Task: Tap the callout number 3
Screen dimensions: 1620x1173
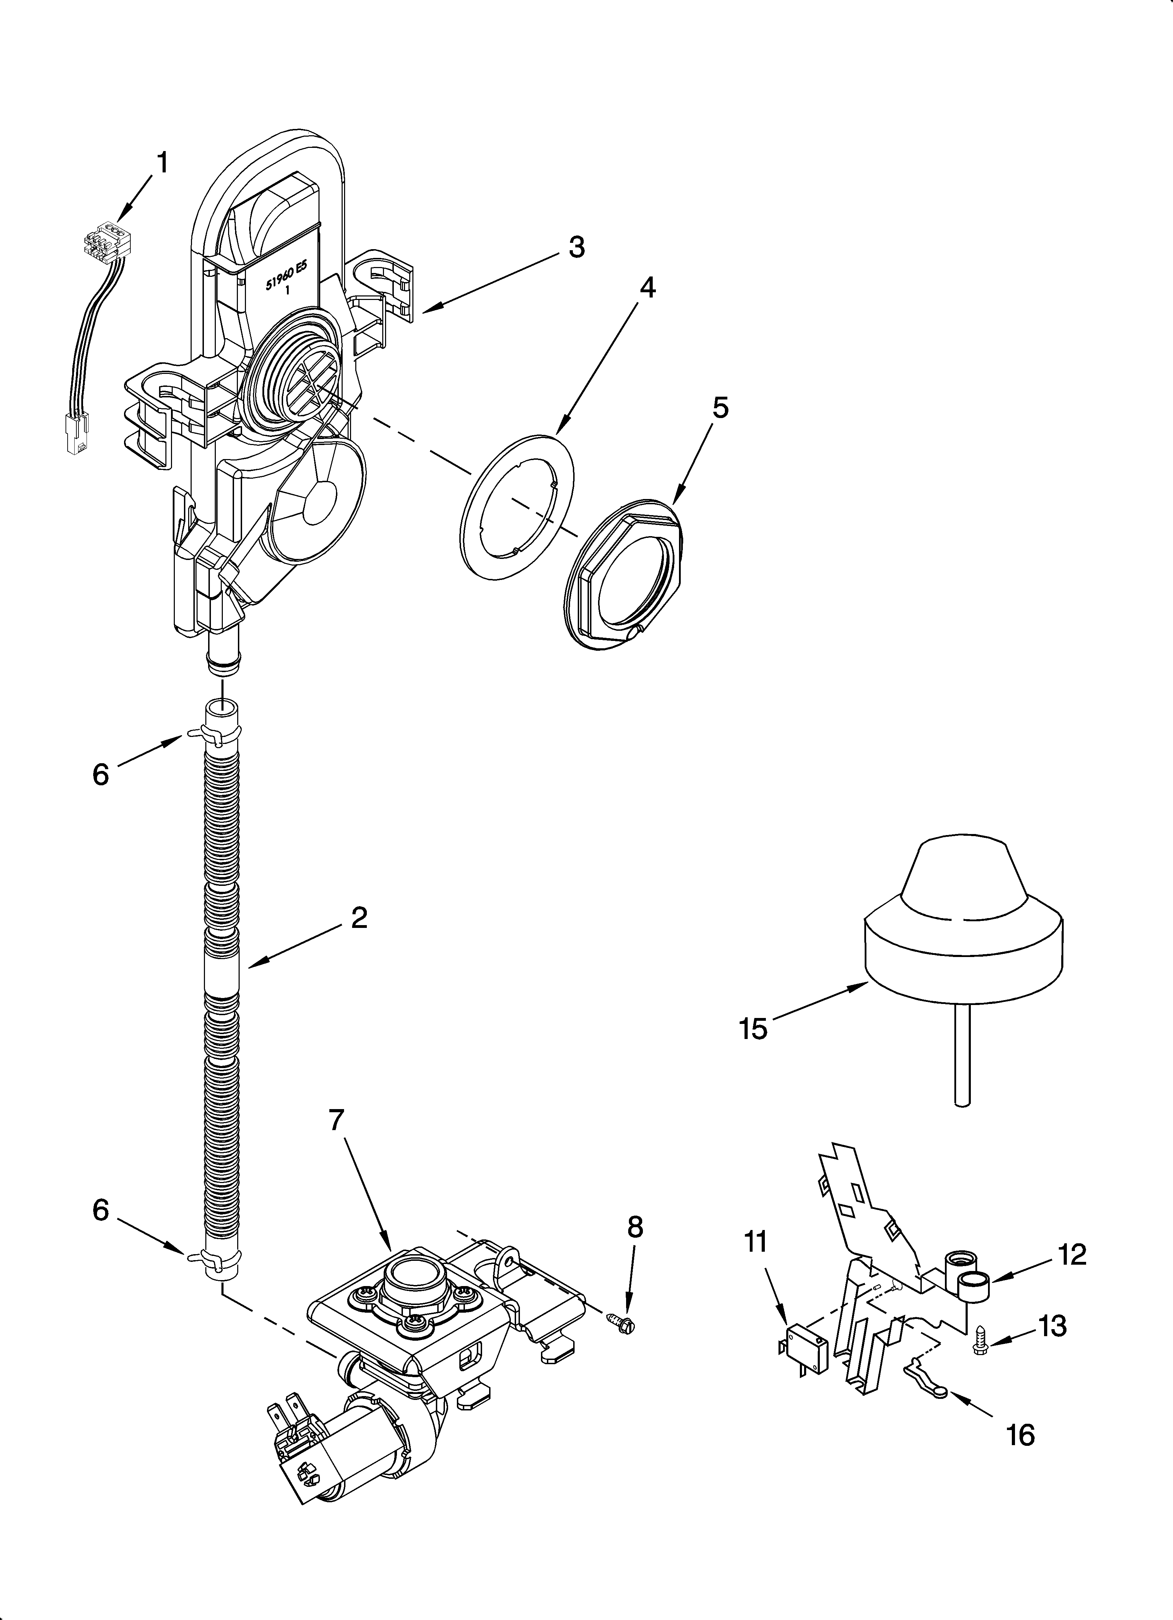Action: point(576,247)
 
